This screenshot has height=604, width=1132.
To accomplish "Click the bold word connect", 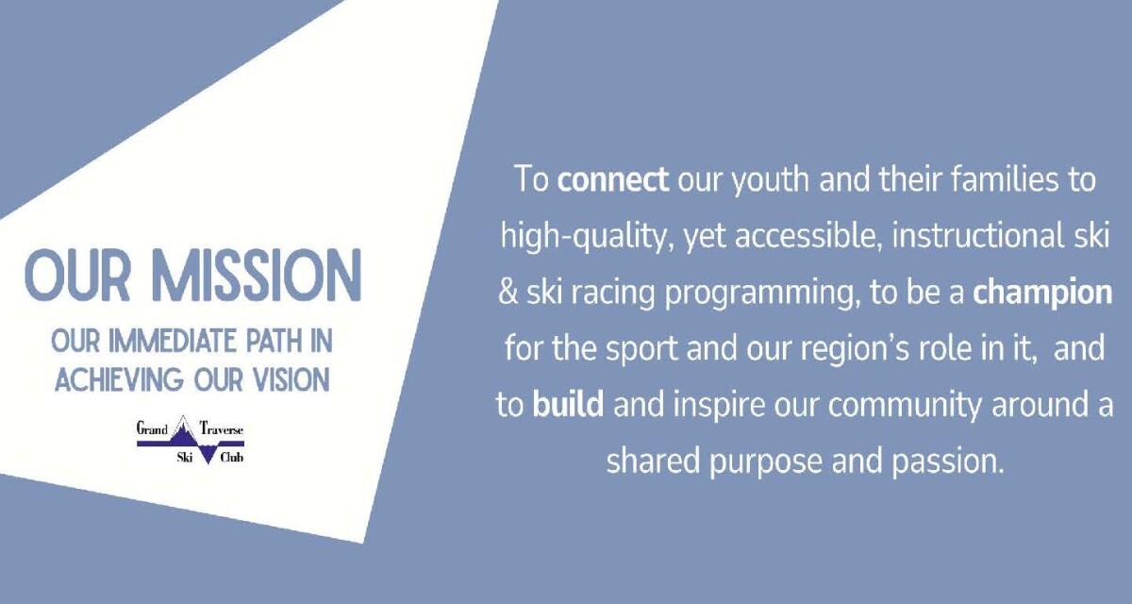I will click(613, 180).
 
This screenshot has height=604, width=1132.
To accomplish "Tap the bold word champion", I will click(1042, 293).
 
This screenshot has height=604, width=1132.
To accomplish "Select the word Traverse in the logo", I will click(223, 428).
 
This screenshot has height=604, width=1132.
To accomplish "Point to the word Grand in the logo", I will click(152, 428).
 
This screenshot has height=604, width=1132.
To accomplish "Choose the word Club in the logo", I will click(231, 458).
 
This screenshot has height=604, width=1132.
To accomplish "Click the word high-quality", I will click(583, 237).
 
